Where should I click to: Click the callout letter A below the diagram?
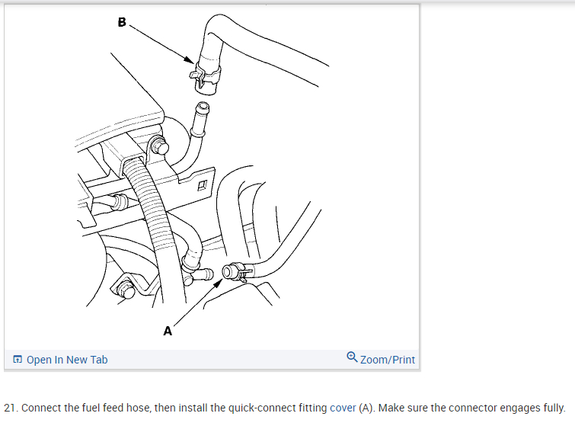(168, 331)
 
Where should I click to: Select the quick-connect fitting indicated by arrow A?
(233, 271)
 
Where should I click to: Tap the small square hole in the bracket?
(202, 185)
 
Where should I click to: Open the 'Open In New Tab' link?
(67, 360)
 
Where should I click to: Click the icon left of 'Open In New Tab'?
(17, 360)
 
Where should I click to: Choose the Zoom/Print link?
(388, 360)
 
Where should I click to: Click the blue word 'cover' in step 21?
(343, 408)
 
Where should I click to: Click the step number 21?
(11, 408)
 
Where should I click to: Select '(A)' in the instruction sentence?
(367, 408)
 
